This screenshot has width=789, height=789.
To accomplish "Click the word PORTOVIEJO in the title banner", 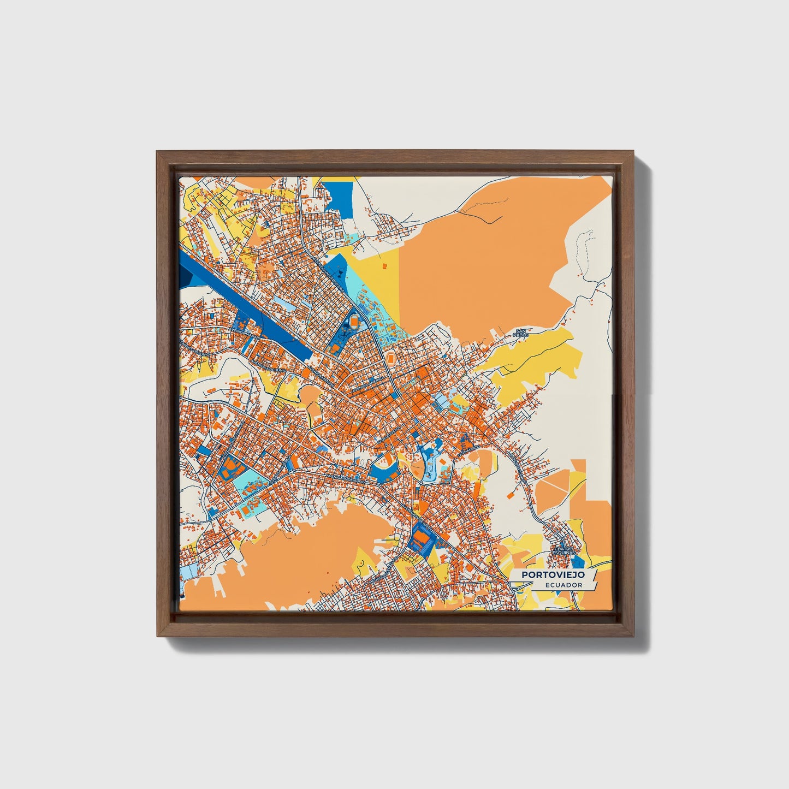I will click(x=553, y=575).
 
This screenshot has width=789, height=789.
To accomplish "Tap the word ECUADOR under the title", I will click(x=563, y=585).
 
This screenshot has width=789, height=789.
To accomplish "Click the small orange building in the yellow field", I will click(x=383, y=266).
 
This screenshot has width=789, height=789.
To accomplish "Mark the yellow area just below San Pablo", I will click(x=535, y=360).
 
